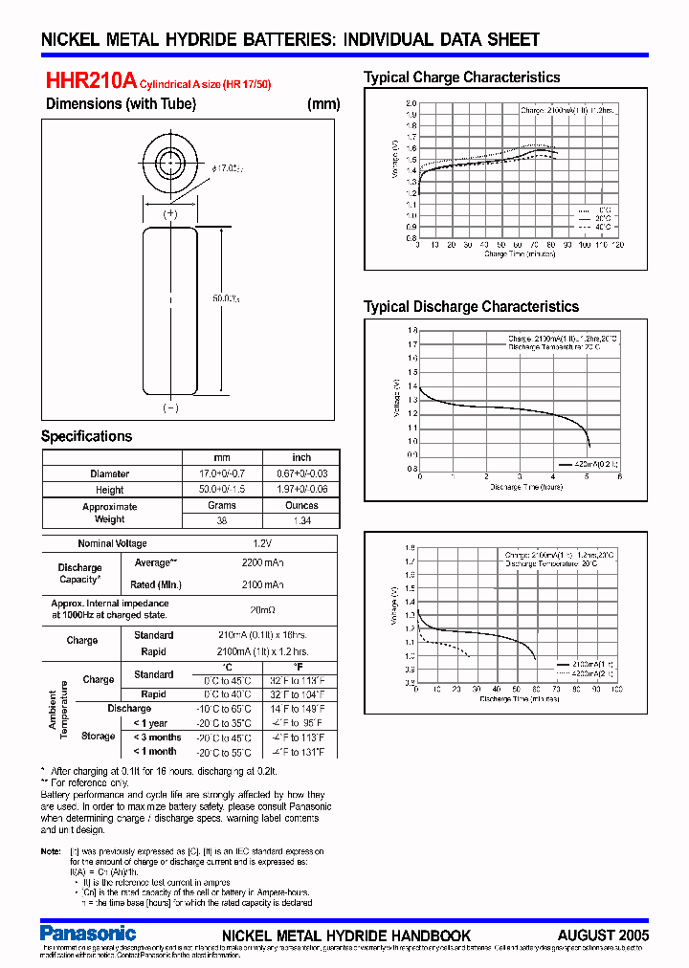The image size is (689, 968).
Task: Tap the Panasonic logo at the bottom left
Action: click(88, 933)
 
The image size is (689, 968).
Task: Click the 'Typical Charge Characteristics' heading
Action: click(461, 77)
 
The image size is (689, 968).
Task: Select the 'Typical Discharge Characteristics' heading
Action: click(471, 307)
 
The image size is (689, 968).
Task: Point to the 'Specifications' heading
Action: click(86, 436)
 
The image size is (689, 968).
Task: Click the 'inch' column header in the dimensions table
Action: click(301, 457)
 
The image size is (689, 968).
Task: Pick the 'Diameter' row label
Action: click(109, 474)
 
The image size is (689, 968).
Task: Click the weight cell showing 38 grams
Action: click(221, 520)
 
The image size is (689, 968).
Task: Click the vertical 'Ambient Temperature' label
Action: click(58, 710)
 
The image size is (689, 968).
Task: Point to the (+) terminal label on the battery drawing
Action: click(170, 214)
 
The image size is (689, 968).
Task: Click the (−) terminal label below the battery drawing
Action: click(170, 408)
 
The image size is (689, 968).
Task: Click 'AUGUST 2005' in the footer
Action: click(603, 935)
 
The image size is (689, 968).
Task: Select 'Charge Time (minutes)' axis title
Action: click(520, 254)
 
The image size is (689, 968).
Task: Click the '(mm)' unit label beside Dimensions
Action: click(323, 104)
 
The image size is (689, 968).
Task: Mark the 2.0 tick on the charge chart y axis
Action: click(411, 103)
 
